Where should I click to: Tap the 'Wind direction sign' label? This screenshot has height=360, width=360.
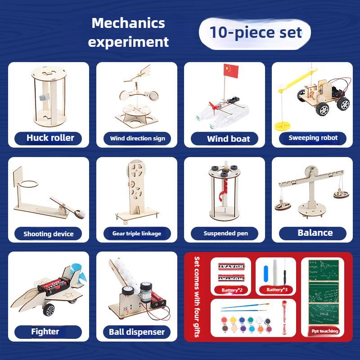[137, 138]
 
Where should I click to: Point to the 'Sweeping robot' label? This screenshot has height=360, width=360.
[313, 138]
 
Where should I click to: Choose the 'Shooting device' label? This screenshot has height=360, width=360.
[48, 234]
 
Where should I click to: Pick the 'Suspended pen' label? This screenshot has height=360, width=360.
[225, 233]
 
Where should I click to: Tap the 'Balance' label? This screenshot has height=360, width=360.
[315, 233]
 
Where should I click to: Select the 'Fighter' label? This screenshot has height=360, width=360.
[45, 332]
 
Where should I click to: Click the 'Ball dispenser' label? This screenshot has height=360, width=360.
[137, 332]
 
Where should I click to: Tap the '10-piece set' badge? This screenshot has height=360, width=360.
[255, 33]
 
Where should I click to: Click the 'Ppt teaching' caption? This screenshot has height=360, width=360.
[325, 331]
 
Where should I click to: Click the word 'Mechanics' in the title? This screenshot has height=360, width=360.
[128, 23]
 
